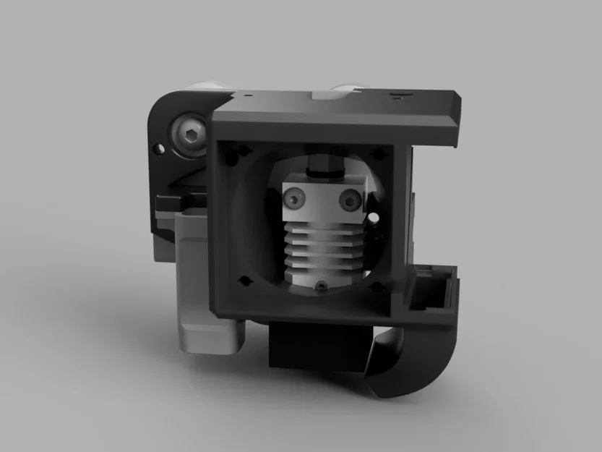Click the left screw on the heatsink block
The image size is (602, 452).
point(293,196)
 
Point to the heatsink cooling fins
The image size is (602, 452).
point(319,246)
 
